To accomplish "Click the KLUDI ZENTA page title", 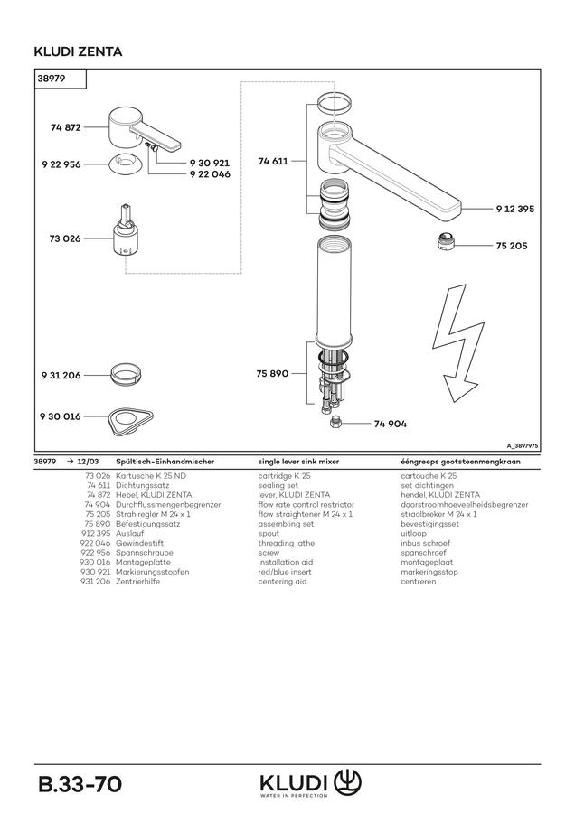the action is [x=78, y=51].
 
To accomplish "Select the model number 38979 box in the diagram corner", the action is [x=61, y=79].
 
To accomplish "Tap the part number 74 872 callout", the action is [x=66, y=127].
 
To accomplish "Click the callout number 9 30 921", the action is [x=209, y=163].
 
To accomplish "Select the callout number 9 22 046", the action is [x=210, y=174].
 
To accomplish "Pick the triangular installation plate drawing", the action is [x=131, y=420].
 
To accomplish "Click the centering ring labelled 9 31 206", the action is [x=126, y=373].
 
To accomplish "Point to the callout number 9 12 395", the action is [x=514, y=209].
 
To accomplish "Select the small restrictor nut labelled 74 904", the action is [x=335, y=422].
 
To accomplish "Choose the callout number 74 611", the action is [x=273, y=162].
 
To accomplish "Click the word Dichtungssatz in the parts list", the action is [x=142, y=485].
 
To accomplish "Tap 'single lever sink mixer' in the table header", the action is [x=298, y=462].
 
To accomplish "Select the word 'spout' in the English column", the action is [x=269, y=534].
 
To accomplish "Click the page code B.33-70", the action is [x=80, y=784].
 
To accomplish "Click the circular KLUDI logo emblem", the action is [x=347, y=782].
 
